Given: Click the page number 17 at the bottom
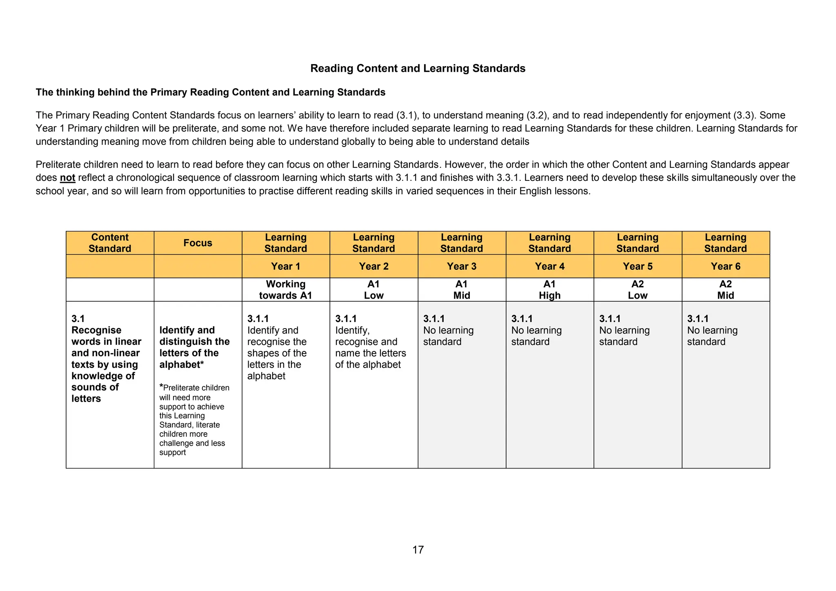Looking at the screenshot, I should [418, 550].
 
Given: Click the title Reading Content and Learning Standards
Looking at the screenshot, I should [418, 68].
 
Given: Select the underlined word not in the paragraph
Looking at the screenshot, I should [67, 178].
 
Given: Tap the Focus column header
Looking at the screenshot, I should [198, 243].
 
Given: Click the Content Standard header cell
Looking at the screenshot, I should [110, 243].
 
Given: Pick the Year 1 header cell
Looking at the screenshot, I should [285, 266].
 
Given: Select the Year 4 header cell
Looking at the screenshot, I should [549, 266].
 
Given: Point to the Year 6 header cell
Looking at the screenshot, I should [725, 266].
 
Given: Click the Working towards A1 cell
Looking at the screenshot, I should [285, 290].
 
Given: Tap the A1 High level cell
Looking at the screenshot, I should [549, 290].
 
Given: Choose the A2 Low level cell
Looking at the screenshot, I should [637, 290].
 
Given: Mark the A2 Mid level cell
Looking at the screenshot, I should [725, 290].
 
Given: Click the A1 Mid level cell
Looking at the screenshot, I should [461, 290].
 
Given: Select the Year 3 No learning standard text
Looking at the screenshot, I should [448, 336].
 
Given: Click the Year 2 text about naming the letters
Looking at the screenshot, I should [370, 347].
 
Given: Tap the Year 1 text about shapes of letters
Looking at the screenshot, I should [276, 353].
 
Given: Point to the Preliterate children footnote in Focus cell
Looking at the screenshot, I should [194, 420].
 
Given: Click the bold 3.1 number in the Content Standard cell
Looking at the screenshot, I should [78, 319].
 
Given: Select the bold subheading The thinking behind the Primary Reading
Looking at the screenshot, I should [210, 92].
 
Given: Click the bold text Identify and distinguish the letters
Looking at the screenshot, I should [194, 347].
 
